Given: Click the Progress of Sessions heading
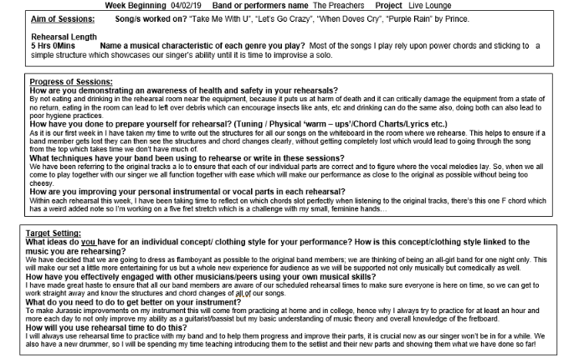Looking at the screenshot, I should pyautogui.click(x=71, y=81).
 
